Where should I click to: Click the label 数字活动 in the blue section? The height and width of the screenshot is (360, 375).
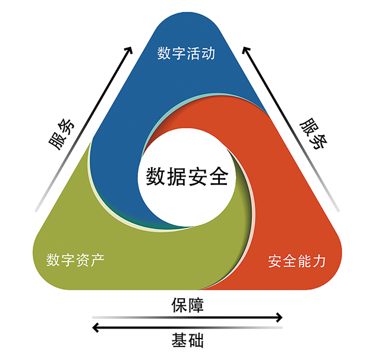186,53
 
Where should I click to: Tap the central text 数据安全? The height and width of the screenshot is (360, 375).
187,177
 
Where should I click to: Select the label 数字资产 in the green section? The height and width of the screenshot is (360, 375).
75,260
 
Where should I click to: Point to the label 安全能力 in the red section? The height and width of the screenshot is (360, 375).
297,261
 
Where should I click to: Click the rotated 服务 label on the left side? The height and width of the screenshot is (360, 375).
62,134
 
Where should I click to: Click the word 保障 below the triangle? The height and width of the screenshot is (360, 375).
188,305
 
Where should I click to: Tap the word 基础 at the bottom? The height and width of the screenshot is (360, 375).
188,340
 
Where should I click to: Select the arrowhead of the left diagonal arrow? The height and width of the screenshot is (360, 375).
129,49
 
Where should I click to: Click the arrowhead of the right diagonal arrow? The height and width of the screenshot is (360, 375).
245,49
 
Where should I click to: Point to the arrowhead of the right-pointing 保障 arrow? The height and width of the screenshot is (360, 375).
279,317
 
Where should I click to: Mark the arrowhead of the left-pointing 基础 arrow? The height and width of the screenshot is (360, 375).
96,327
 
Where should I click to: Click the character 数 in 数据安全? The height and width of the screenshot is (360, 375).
156,177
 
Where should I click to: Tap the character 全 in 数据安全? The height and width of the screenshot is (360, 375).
219,177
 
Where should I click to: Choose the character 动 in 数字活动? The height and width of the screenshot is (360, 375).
208,53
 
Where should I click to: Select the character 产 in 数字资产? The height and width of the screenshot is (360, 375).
97,260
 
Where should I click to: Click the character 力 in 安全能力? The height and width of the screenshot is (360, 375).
319,261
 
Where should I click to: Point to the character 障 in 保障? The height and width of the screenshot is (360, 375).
196,305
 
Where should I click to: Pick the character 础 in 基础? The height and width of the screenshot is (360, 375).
196,340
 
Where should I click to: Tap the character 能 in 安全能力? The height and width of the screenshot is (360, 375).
304,261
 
